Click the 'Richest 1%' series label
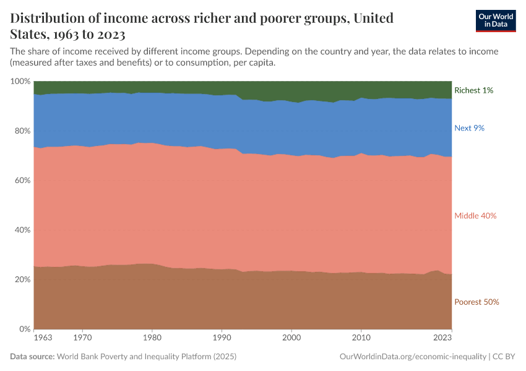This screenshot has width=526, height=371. click(x=473, y=90)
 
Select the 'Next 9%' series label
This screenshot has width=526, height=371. click(x=469, y=128)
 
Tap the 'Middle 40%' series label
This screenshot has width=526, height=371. click(x=475, y=216)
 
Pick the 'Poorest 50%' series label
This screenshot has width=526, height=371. click(x=476, y=302)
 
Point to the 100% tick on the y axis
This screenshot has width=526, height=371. click(x=20, y=82)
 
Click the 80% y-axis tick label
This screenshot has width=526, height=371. click(x=22, y=131)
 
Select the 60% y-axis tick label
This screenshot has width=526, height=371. click(x=22, y=181)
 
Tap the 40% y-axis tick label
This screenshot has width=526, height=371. click(x=22, y=230)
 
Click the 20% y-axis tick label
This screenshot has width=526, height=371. click(x=22, y=279)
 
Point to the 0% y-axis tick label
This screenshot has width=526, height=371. click(x=24, y=329)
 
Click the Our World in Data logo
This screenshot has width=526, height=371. click(x=495, y=20)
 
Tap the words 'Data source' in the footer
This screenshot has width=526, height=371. click(x=32, y=357)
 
